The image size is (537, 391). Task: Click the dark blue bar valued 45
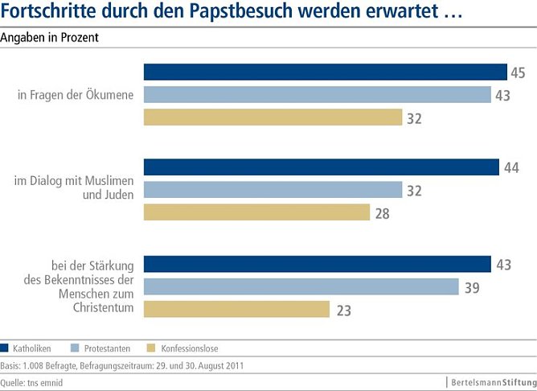point(325,72)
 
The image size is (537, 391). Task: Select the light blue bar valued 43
point(317,95)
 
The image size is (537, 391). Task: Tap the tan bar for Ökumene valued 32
point(273,117)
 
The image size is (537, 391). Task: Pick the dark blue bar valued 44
point(321,167)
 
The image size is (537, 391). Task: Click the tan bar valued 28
point(256,212)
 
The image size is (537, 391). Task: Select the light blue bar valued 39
point(301,286)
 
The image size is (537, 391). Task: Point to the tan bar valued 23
point(236,309)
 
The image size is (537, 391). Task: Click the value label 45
point(519,73)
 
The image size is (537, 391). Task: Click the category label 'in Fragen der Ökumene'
point(77,96)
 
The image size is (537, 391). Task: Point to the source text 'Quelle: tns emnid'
point(32,383)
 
